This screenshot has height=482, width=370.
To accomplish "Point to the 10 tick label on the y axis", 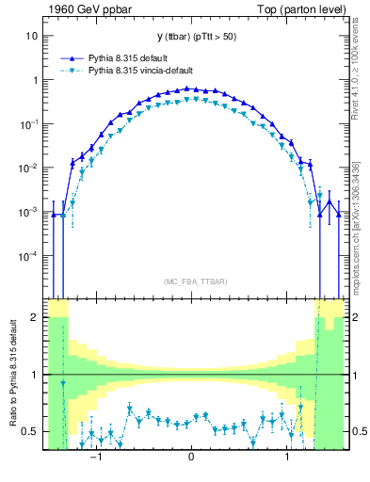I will (31, 36).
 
